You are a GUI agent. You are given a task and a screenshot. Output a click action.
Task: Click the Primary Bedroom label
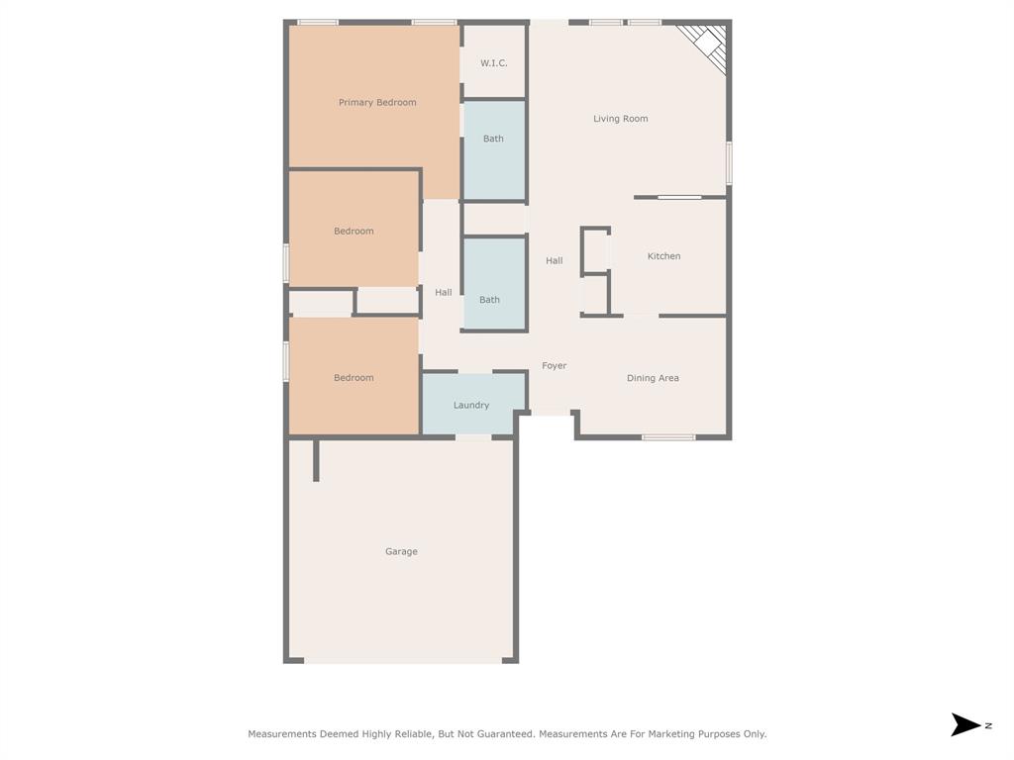[377, 103]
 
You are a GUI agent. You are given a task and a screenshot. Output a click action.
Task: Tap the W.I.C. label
[494, 63]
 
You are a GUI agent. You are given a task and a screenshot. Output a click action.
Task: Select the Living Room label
[621, 119]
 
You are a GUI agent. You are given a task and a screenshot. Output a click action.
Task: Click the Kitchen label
[663, 256]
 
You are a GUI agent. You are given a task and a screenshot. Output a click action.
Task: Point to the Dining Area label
[653, 378]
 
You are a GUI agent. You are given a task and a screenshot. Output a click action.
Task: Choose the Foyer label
[555, 366]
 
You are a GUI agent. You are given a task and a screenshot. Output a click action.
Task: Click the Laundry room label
[471, 405]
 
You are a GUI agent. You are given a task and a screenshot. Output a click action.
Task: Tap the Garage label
[401, 552]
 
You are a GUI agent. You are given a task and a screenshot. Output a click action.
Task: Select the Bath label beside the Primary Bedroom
[493, 139]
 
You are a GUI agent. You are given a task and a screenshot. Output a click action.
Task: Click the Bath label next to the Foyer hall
[490, 300]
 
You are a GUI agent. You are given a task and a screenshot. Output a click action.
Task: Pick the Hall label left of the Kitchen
[555, 261]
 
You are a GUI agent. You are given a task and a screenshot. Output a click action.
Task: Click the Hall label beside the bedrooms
[444, 293]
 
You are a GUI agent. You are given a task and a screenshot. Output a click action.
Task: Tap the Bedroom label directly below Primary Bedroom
[354, 232]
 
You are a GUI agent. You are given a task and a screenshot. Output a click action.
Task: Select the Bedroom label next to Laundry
[354, 378]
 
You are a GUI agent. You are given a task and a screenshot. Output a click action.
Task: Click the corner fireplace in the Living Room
[708, 44]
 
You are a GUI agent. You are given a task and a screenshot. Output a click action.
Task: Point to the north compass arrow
[965, 724]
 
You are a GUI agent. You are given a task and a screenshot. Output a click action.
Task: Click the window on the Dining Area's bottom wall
[668, 436]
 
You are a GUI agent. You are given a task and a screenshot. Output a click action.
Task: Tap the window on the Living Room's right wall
[729, 163]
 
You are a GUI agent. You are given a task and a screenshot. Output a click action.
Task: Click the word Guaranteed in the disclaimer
[501, 734]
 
